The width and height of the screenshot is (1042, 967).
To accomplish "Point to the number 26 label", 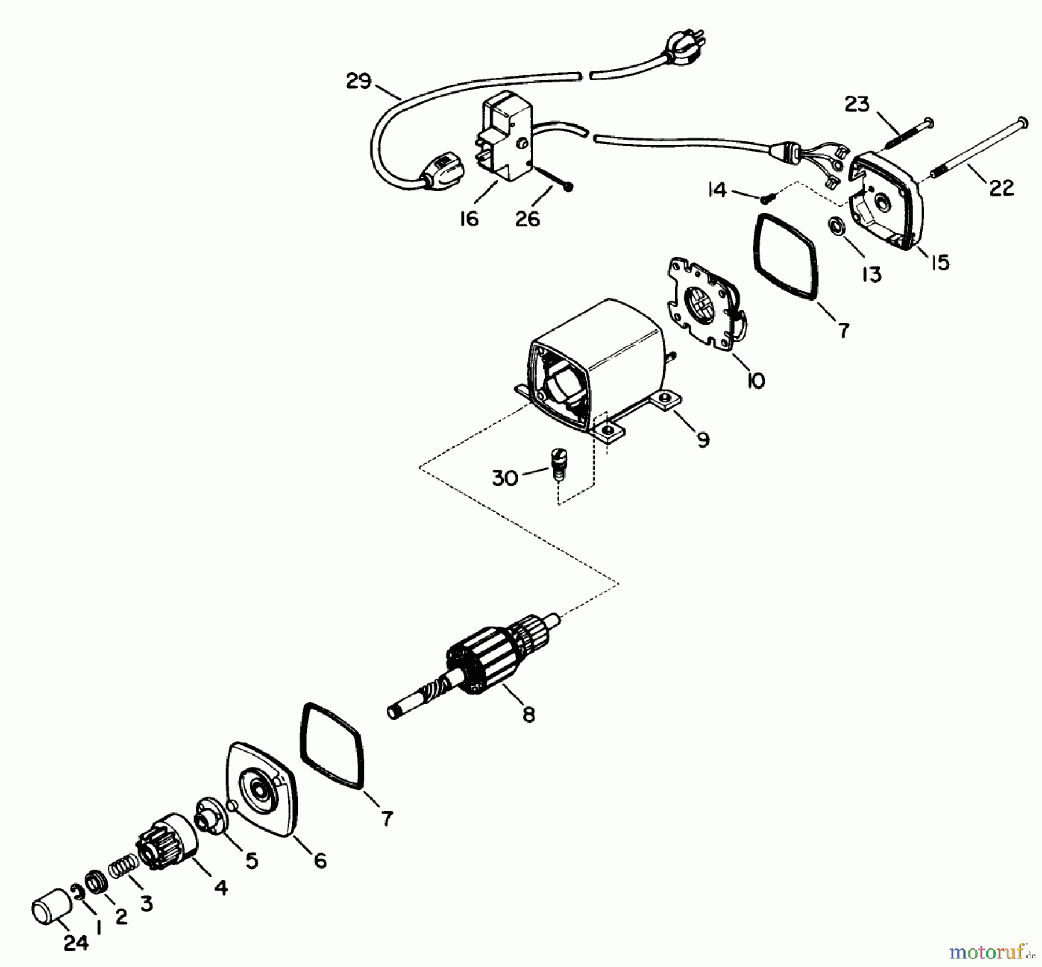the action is click(x=527, y=219).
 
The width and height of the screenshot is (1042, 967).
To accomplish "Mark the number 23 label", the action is click(x=857, y=105).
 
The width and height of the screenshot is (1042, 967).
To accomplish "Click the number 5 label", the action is click(x=251, y=860).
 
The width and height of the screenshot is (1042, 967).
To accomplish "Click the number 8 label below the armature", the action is click(x=529, y=715).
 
